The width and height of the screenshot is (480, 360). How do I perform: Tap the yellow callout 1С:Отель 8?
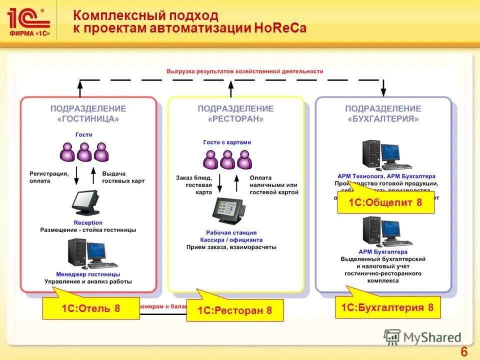[91, 308]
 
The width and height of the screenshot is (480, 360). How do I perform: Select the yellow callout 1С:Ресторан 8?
[235, 310]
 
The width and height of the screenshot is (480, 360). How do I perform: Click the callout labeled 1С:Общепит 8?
[385, 202]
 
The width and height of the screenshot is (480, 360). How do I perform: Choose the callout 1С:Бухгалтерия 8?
[387, 307]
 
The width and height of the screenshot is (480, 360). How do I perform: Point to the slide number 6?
[463, 352]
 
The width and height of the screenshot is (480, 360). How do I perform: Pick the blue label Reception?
[88, 222]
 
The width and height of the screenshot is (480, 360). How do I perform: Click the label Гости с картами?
[227, 142]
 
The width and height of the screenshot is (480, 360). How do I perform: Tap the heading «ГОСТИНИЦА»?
[88, 119]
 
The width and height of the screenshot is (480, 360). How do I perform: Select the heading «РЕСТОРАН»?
[235, 119]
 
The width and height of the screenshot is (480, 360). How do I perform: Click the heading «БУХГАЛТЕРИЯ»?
[383, 119]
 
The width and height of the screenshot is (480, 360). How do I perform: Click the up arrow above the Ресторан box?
[230, 89]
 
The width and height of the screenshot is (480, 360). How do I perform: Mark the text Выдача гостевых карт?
[123, 177]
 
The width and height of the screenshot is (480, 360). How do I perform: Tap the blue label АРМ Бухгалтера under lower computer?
[383, 252]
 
